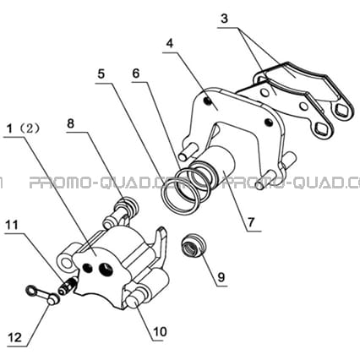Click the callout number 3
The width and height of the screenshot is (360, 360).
[x=224, y=19]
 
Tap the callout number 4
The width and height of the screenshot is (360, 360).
[x=170, y=43]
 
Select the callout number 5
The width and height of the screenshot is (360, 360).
[x=101, y=74]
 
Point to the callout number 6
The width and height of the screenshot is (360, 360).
[x=136, y=74]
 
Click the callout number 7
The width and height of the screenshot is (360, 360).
[x=251, y=222]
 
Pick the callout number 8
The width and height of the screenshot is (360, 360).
[x=70, y=123]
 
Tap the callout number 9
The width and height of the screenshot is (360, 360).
[x=221, y=277]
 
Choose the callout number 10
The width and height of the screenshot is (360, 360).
[x=160, y=332]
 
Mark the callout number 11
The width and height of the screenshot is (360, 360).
[x=12, y=225]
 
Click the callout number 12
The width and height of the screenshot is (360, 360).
[x=15, y=337]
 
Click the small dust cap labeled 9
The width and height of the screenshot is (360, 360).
[x=193, y=246]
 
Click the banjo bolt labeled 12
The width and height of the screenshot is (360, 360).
[x=42, y=295]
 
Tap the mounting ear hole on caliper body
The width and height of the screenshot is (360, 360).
[x=68, y=263]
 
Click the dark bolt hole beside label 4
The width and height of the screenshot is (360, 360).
[x=208, y=101]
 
